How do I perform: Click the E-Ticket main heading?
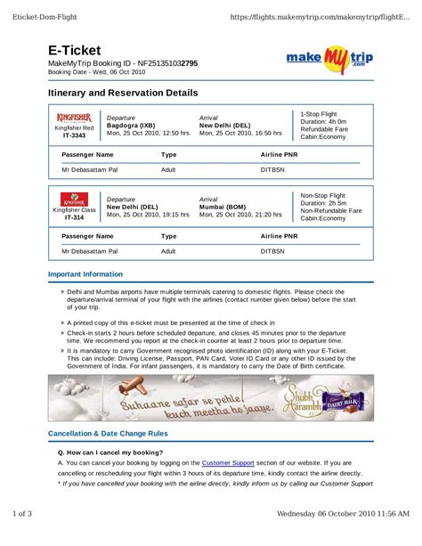[75, 52]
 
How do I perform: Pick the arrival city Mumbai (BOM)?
[223, 207]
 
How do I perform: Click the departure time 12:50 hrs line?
[148, 133]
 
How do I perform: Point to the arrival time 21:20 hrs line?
[240, 215]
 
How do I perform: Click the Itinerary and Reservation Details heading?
[123, 93]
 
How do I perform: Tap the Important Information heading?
[85, 274]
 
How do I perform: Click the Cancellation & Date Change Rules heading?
[107, 434]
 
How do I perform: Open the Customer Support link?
[228, 463]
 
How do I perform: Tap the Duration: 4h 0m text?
[324, 122]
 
